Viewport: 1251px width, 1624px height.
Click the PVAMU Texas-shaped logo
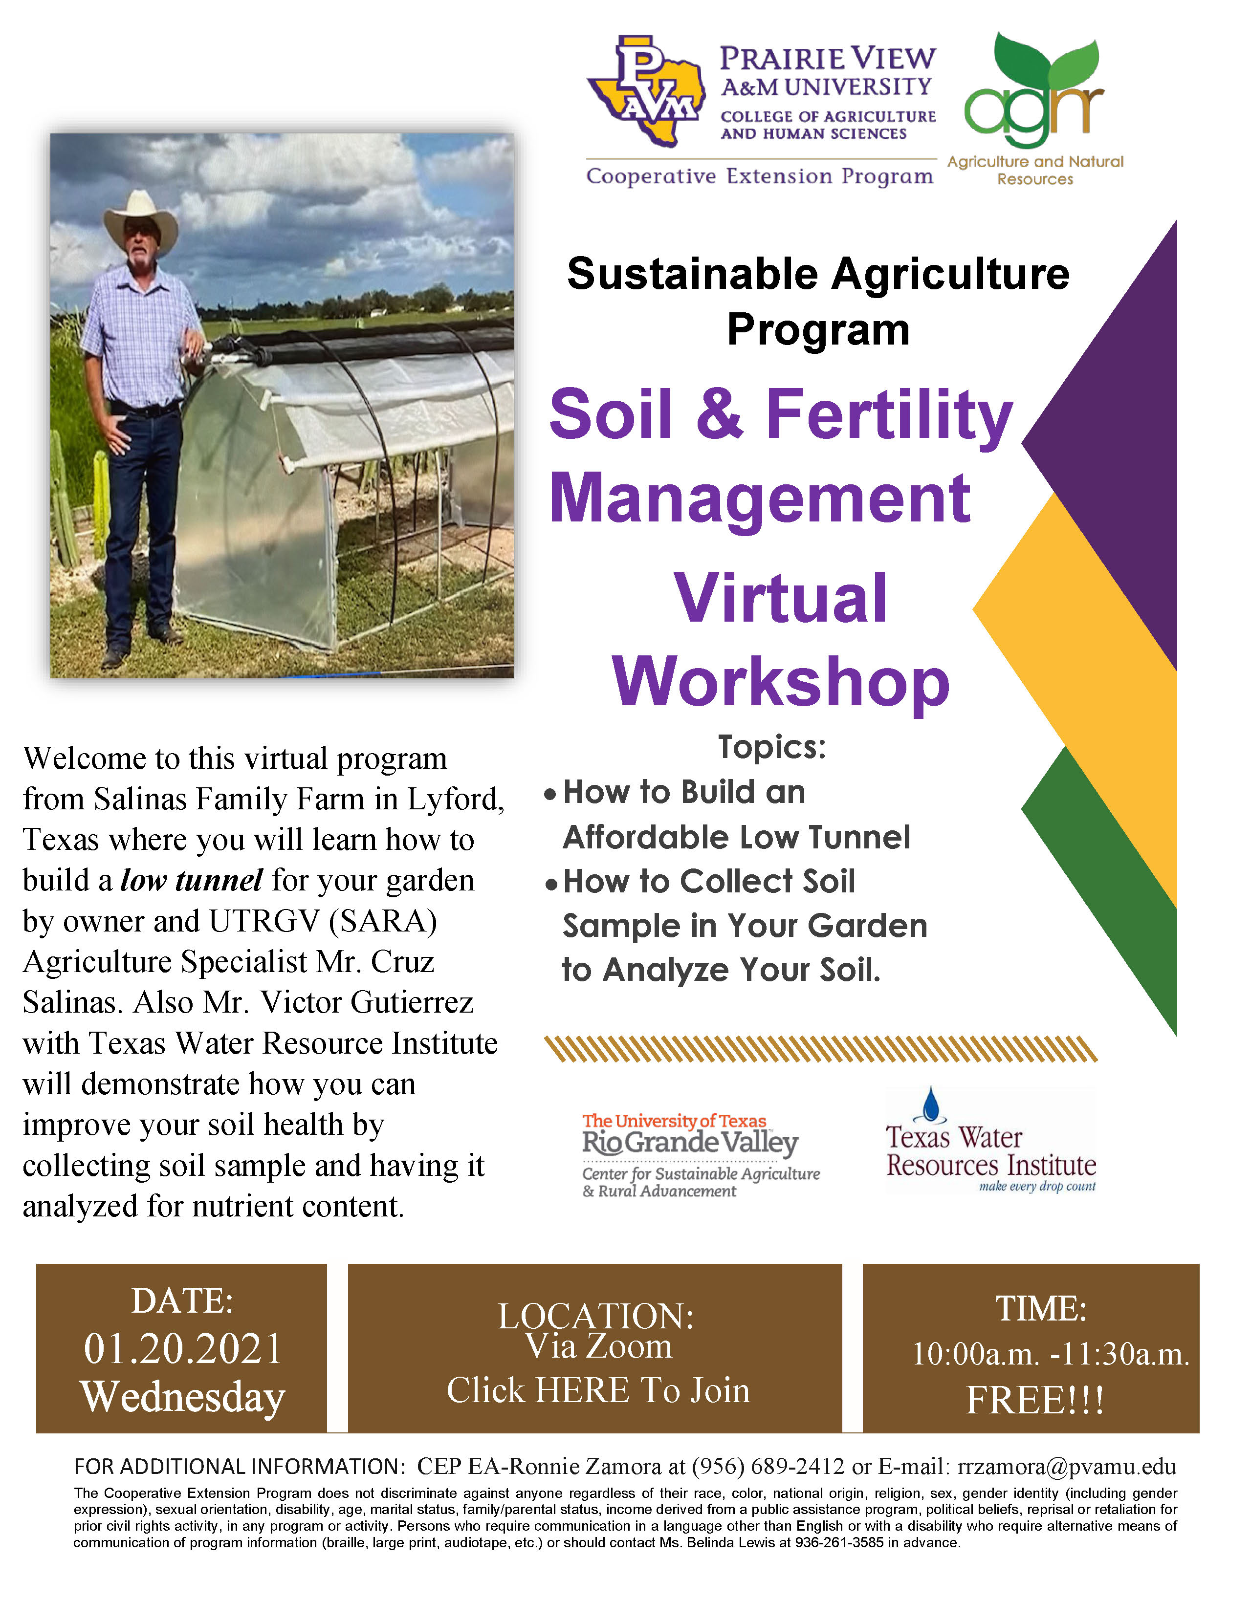pyautogui.click(x=646, y=91)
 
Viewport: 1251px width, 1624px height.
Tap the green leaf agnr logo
pyautogui.click(x=1034, y=89)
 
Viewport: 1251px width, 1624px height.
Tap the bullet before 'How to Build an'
pyautogui.click(x=550, y=794)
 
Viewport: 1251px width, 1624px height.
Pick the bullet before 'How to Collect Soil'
pyautogui.click(x=550, y=884)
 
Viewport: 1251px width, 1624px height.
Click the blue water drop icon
pyautogui.click(x=930, y=1104)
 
